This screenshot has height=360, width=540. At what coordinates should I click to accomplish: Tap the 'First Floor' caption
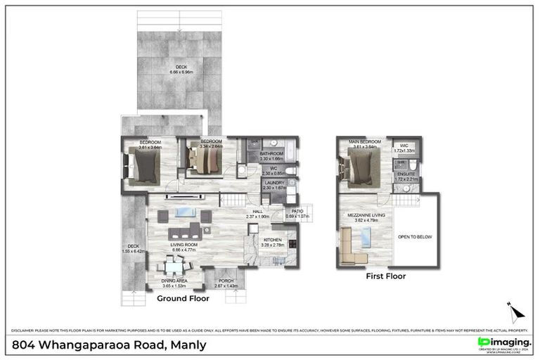tap(386, 276)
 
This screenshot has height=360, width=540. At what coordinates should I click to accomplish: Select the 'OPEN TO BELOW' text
tap(415, 237)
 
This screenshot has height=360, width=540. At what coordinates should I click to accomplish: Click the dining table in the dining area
tap(174, 266)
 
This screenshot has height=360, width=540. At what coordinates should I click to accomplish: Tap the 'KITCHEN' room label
tap(272, 240)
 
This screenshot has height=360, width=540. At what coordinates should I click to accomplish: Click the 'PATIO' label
tap(297, 211)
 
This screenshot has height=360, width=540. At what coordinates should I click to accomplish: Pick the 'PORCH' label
tap(226, 281)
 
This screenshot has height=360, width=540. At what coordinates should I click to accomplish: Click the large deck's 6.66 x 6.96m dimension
tap(181, 72)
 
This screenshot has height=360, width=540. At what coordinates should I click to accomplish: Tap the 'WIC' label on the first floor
tap(404, 146)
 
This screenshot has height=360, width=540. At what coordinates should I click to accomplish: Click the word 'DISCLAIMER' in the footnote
tap(26, 330)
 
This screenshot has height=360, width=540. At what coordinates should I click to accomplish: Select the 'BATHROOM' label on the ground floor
tap(271, 153)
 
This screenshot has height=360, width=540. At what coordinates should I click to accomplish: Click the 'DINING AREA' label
tap(174, 281)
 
